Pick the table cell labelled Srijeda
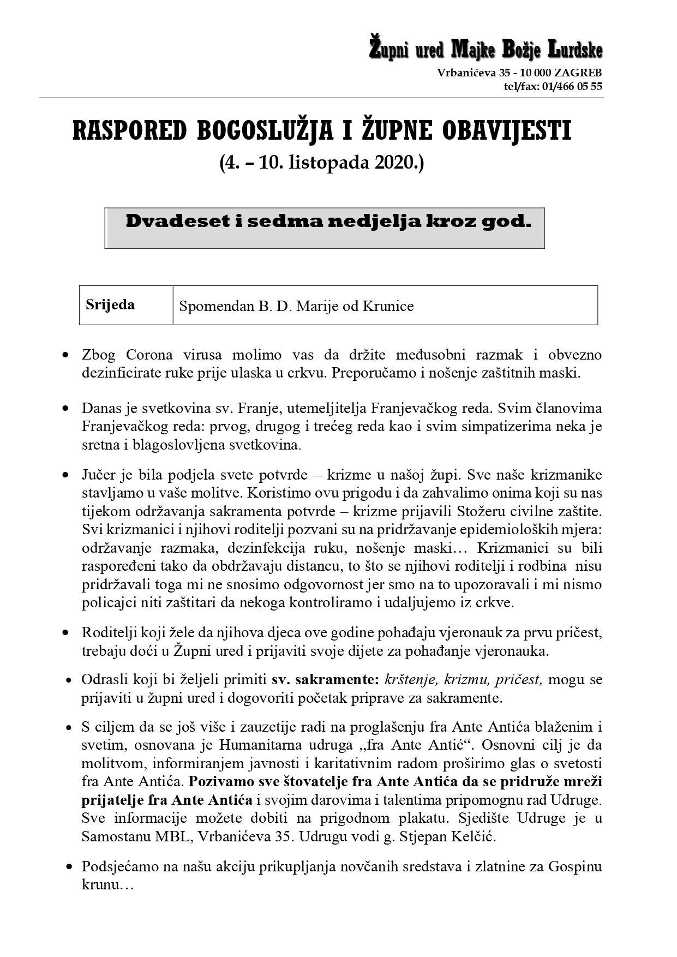[110, 305]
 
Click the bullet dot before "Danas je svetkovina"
[66, 408]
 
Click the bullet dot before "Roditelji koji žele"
[66, 633]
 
